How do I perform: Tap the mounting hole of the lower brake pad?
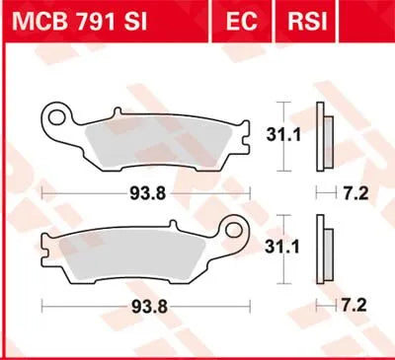[235, 237]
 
